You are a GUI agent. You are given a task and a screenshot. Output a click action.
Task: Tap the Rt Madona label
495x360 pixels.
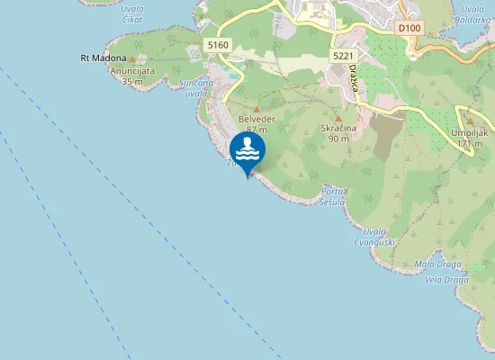click(x=103, y=58)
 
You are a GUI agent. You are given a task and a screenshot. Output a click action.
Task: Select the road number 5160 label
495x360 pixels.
click(x=217, y=45)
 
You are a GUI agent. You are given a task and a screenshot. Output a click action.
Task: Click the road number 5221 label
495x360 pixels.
click(x=342, y=56)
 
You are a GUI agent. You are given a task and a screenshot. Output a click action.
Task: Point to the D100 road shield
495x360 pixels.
click(x=409, y=29)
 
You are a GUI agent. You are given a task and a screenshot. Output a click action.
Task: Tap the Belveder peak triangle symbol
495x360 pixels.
click(x=256, y=109)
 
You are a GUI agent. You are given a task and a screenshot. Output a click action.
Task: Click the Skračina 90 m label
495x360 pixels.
click(x=338, y=134)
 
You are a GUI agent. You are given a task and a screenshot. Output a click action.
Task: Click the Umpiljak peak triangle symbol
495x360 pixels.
click(x=469, y=121)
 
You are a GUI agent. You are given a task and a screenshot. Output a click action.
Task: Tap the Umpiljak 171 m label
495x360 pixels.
click(x=468, y=138)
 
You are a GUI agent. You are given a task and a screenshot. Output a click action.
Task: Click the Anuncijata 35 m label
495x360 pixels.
click(x=132, y=76)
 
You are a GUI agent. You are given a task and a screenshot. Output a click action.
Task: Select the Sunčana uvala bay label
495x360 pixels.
click(x=196, y=87)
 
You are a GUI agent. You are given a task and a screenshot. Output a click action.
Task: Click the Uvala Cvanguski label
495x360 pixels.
click(x=375, y=236)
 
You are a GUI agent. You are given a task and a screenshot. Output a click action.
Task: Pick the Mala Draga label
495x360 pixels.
click(x=438, y=264)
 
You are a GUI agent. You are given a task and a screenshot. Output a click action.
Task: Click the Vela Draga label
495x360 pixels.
click(x=444, y=279)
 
